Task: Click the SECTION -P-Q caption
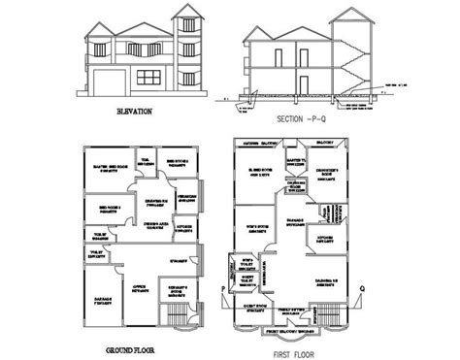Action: tap(304, 118)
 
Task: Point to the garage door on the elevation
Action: tap(106, 80)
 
